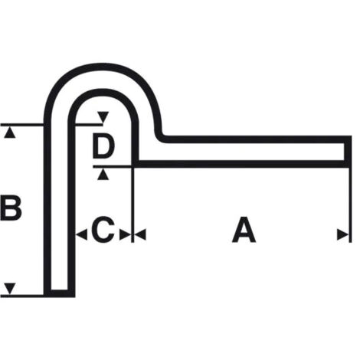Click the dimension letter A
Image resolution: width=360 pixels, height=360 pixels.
pyautogui.click(x=244, y=230)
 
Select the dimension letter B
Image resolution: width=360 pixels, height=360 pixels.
pyautogui.click(x=11, y=208)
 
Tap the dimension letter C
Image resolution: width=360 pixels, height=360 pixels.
pyautogui.click(x=103, y=230)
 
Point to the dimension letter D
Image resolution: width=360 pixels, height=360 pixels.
pyautogui.click(x=103, y=146)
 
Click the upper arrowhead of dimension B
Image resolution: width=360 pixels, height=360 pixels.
pyautogui.click(x=10, y=133)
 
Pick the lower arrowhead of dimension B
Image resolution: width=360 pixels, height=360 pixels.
pyautogui.click(x=10, y=289)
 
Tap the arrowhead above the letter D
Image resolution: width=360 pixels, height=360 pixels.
pyautogui.click(x=103, y=117)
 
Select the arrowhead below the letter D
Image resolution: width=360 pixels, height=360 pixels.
pyautogui.click(x=103, y=175)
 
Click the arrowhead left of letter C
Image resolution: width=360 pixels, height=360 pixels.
pyautogui.click(x=82, y=234)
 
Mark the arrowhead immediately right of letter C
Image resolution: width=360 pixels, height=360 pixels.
pyautogui.click(x=125, y=234)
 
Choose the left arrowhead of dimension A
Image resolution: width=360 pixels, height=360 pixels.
pyautogui.click(x=140, y=234)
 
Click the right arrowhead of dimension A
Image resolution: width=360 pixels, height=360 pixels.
pyautogui.click(x=343, y=234)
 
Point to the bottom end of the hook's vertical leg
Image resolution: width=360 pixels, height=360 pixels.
pyautogui.click(x=60, y=293)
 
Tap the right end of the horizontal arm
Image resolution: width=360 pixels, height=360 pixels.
pyautogui.click(x=348, y=152)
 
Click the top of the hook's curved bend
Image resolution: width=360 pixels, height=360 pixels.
pyautogui.click(x=102, y=67)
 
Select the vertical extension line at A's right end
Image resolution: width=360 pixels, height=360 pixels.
pyautogui.click(x=350, y=205)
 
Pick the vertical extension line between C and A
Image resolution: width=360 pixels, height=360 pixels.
pyautogui.click(x=133, y=205)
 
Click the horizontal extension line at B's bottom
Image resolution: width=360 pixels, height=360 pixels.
pyautogui.click(x=22, y=296)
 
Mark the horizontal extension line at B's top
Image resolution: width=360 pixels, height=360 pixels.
pyautogui.click(x=22, y=125)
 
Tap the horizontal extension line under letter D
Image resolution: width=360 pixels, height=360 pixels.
pyautogui.click(x=113, y=167)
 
